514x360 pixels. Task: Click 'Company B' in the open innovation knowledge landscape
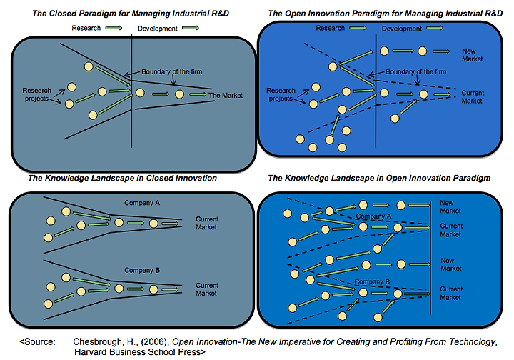(373, 282)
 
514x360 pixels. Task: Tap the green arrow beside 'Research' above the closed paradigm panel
(114, 28)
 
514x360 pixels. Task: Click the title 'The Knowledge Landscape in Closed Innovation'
(123, 178)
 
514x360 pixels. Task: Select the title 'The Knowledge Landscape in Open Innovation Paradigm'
(379, 178)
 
